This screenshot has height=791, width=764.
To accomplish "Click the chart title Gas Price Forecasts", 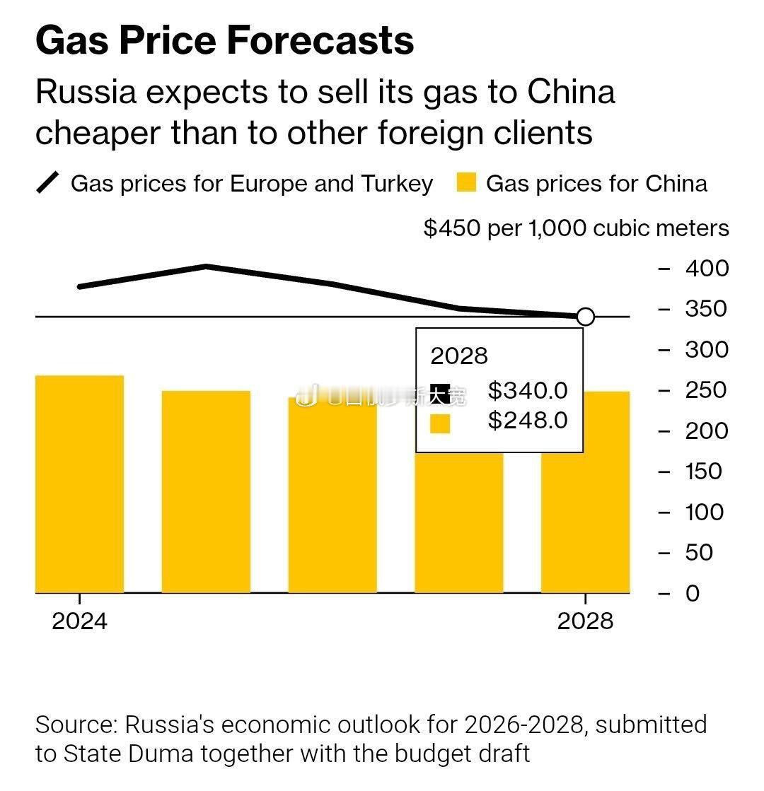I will [224, 40].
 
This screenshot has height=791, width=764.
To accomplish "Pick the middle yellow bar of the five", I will [332, 495].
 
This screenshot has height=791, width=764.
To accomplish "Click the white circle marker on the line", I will [586, 317].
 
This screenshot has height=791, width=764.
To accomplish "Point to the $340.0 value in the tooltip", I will [528, 389].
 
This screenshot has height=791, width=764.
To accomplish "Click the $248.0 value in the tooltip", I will [528, 421].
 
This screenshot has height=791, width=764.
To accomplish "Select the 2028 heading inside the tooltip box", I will [459, 356].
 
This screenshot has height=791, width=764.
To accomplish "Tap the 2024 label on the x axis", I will [80, 621].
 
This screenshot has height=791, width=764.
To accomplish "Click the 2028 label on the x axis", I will [585, 621].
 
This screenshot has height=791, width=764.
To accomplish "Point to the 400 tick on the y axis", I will [706, 268].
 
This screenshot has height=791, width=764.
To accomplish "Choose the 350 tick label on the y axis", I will [705, 309].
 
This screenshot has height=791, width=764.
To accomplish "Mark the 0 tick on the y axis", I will [692, 593].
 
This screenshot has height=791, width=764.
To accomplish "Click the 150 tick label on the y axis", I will [703, 471].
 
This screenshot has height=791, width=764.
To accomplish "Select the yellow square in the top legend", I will [466, 184].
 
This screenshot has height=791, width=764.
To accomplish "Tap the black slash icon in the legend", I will [48, 183].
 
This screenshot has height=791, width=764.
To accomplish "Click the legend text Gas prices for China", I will [596, 184].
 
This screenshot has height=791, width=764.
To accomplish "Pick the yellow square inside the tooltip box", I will [440, 423].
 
